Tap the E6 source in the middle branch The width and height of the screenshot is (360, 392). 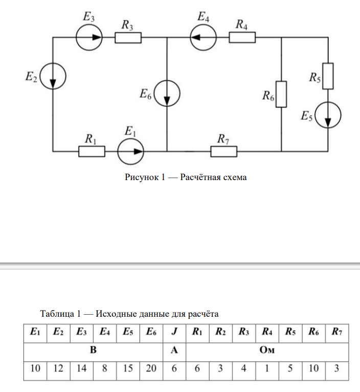[x=167, y=93]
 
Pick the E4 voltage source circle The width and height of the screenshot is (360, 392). [x=203, y=37]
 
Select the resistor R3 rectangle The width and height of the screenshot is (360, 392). [x=127, y=37]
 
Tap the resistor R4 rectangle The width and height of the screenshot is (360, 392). [x=242, y=37]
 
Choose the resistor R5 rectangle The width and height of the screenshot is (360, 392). [x=328, y=75]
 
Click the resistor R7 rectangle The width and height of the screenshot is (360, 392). [x=224, y=151]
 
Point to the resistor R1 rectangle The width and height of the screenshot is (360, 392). [x=92, y=151]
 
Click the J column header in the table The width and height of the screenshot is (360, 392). [x=174, y=332]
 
